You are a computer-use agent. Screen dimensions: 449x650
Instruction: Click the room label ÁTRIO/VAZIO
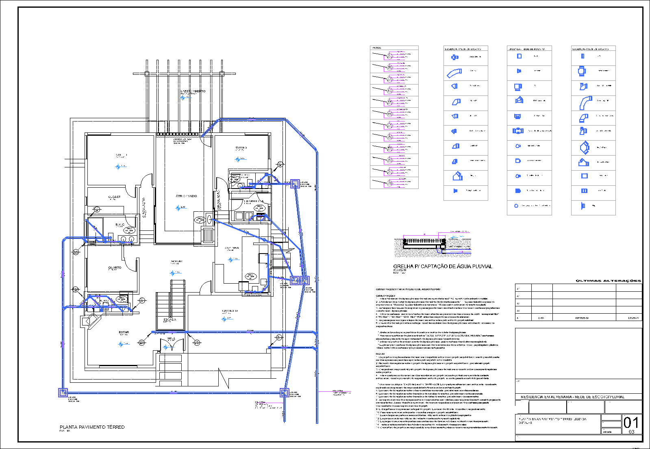(x=186, y=196)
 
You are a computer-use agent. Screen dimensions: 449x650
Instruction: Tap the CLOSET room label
(x=114, y=197)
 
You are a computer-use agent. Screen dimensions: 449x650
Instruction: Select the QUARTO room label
(x=115, y=268)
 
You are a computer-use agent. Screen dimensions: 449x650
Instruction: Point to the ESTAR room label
(x=124, y=332)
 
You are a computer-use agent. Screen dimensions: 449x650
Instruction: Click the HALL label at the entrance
(x=171, y=338)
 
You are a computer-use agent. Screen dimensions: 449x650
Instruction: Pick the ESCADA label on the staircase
(x=170, y=319)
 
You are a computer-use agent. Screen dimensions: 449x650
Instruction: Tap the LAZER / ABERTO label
(x=193, y=91)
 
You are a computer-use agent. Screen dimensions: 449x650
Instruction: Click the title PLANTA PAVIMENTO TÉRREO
(x=92, y=427)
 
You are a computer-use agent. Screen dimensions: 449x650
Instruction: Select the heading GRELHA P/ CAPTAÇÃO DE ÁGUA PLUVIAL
(x=443, y=267)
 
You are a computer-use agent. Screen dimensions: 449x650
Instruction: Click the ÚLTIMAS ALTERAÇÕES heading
(x=608, y=281)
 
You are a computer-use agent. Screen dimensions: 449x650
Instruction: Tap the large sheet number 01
(x=631, y=423)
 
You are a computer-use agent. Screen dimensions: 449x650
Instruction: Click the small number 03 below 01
(x=631, y=432)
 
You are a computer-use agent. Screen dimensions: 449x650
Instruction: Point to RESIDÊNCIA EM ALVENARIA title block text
(x=572, y=397)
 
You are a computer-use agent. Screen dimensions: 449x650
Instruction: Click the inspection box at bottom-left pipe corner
(x=63, y=393)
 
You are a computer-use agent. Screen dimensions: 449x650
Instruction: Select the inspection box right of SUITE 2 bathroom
(x=295, y=184)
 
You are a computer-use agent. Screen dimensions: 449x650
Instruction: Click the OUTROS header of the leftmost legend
(x=376, y=48)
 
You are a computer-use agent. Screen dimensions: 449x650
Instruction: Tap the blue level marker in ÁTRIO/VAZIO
(x=178, y=208)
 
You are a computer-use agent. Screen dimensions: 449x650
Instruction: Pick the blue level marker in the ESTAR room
(x=121, y=344)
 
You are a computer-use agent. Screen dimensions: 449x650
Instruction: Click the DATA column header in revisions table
(x=541, y=318)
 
